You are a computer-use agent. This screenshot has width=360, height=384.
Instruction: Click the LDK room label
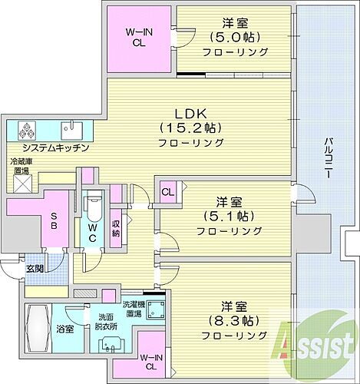(189, 110)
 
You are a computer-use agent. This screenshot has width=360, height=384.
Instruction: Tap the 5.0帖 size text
(236, 37)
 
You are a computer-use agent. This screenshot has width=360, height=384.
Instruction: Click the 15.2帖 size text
(190, 127)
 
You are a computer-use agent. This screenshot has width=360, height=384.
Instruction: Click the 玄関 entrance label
(34, 269)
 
